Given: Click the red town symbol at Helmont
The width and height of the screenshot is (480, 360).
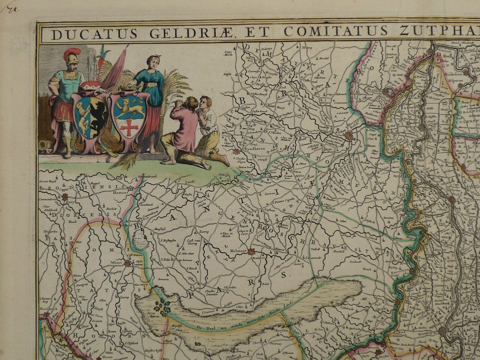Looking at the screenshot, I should tap(251, 252).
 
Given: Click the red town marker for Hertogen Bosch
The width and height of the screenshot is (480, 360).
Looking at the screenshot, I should tap(349, 136).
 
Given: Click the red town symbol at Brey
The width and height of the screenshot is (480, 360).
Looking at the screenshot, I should tap(65, 197).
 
